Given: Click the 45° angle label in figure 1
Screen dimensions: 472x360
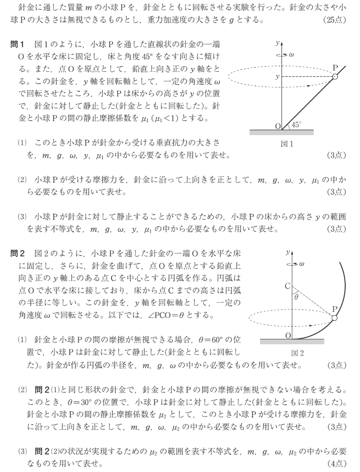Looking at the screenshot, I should pos(296,124).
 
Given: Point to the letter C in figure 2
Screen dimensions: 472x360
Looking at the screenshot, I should pos(287,286).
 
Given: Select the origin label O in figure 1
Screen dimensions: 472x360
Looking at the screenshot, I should pos(277,126).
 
